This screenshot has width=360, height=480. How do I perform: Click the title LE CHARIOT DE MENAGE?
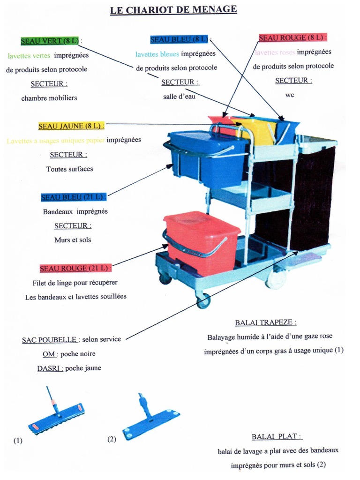[x=173, y=9]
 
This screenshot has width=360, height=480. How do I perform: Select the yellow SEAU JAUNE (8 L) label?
[x=70, y=126]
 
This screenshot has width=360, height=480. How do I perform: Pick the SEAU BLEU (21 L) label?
[x=74, y=197]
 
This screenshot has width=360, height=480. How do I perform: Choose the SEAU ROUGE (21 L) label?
[x=75, y=268]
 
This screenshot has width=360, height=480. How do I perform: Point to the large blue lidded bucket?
[x=206, y=159]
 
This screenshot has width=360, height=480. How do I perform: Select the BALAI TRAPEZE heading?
[x=265, y=322]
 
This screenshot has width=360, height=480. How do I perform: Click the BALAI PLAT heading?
[x=277, y=436]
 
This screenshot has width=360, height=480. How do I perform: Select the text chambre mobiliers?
[x=49, y=98]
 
